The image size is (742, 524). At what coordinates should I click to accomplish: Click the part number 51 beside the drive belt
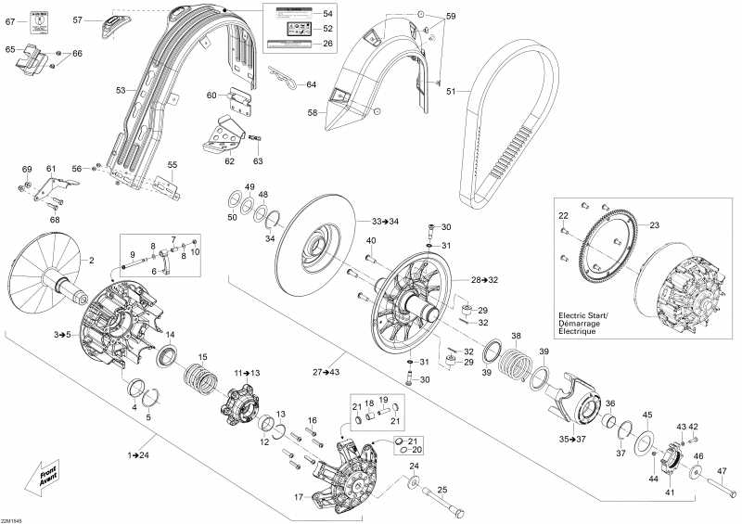pos(452,91)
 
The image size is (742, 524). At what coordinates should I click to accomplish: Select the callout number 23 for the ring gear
pos(654,225)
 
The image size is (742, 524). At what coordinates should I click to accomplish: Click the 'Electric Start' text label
pos(582,316)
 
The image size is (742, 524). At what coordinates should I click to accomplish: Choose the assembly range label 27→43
pos(326,372)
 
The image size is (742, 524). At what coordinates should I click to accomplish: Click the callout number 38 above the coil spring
pos(516,335)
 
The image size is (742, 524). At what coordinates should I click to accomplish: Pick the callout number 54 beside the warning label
pos(327,15)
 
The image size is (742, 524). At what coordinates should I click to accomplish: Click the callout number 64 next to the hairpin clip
pos(311,84)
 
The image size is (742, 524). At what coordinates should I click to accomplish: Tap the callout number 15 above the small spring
pos(203,357)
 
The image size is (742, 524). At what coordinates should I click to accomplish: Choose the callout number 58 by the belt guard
pos(313,113)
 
